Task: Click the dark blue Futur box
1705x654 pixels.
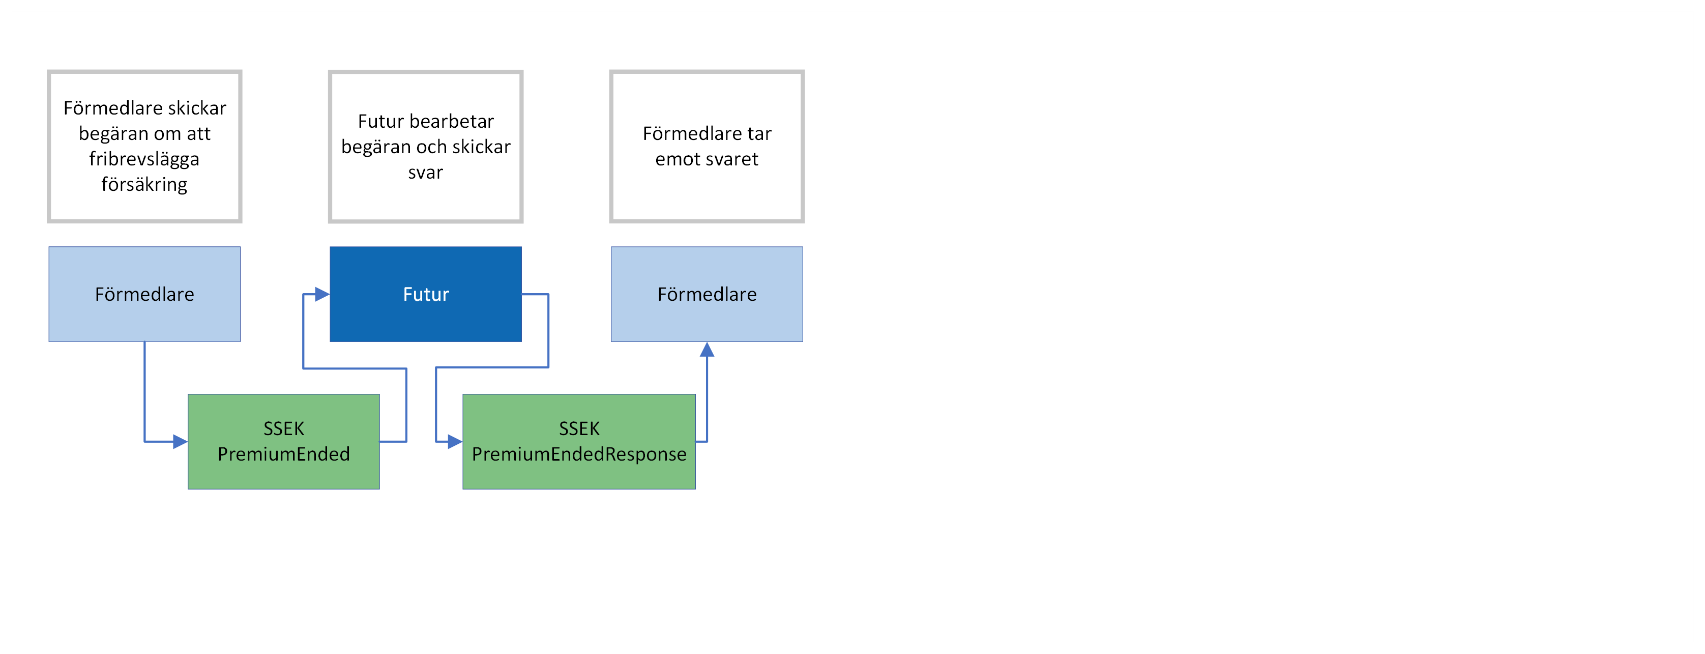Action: pyautogui.click(x=426, y=294)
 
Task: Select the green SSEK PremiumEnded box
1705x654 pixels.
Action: pyautogui.click(x=283, y=442)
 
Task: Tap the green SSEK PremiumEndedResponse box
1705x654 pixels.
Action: pyautogui.click(x=578, y=442)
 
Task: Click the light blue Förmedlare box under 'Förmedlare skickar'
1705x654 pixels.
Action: pyautogui.click(x=144, y=294)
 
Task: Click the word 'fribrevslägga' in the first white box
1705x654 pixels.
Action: pyautogui.click(x=144, y=159)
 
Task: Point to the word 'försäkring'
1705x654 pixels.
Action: pyautogui.click(x=144, y=184)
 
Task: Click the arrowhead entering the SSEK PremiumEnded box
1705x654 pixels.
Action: pyautogui.click(x=180, y=442)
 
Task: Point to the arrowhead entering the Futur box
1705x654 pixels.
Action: pyautogui.click(x=322, y=294)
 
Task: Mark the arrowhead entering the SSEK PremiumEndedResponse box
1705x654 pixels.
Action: pyautogui.click(x=455, y=442)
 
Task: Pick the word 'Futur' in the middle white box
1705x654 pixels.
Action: pyautogui.click(x=380, y=121)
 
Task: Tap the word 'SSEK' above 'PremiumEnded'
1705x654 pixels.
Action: pyautogui.click(x=283, y=429)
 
